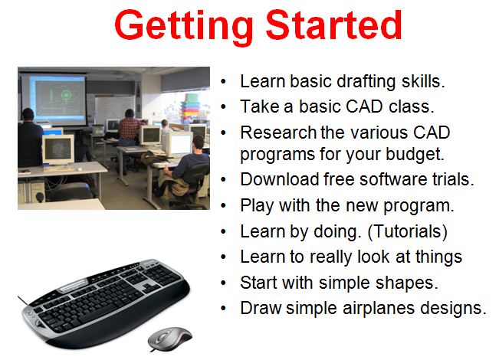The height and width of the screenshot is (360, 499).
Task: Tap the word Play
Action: coord(256,206)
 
